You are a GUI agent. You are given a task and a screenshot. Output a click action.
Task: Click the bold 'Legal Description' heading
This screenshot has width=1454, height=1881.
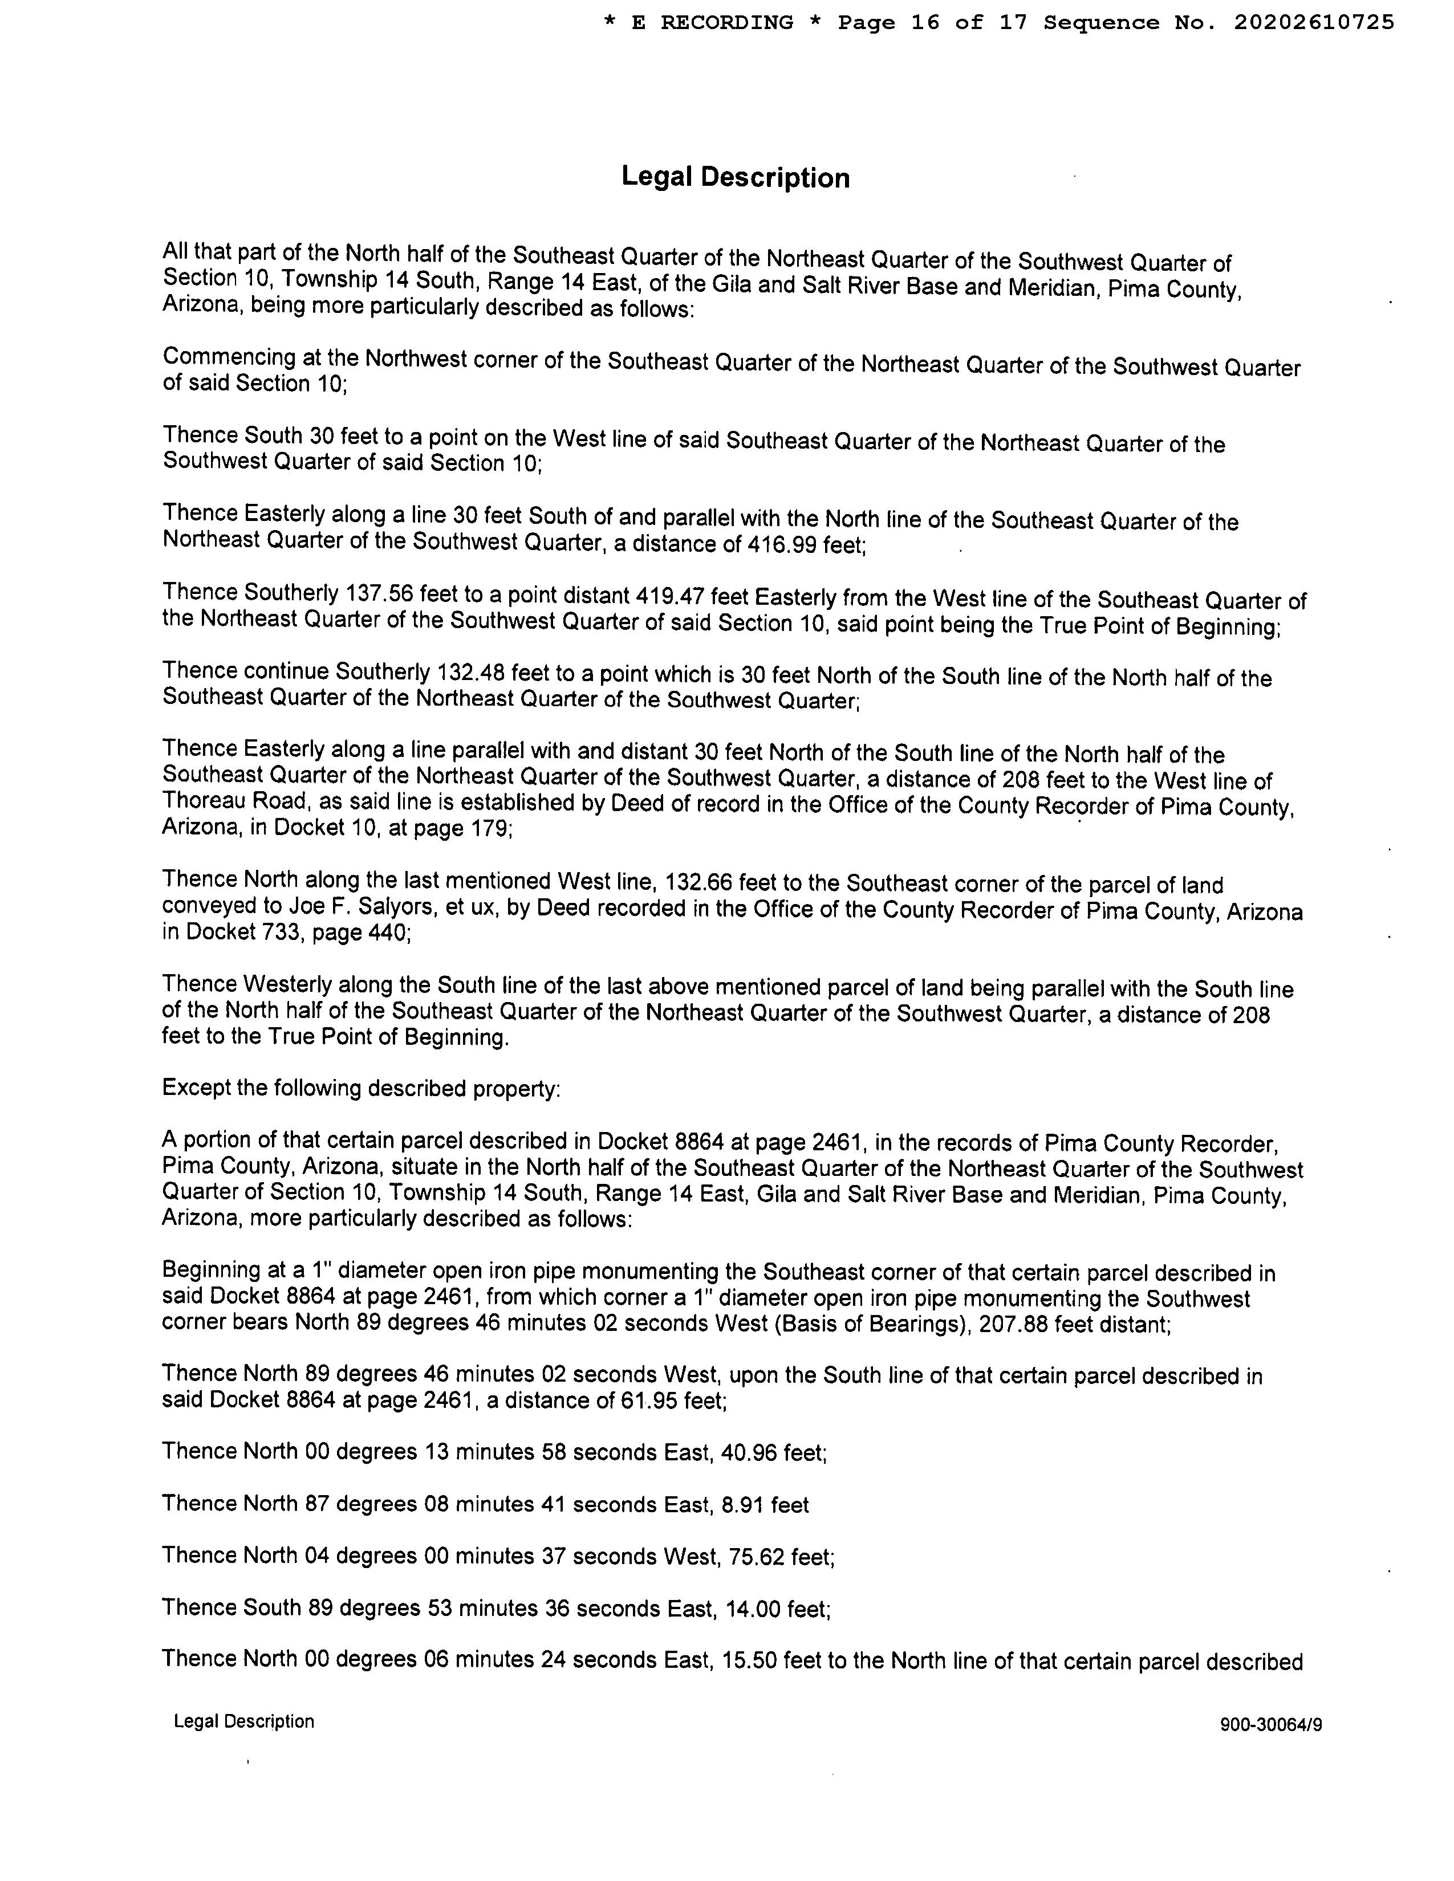[x=735, y=177]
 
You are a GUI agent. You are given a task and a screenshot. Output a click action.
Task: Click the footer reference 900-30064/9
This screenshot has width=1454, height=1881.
[x=1270, y=1725]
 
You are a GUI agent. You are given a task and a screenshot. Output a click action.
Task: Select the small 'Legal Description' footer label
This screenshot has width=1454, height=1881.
[x=244, y=1721]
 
